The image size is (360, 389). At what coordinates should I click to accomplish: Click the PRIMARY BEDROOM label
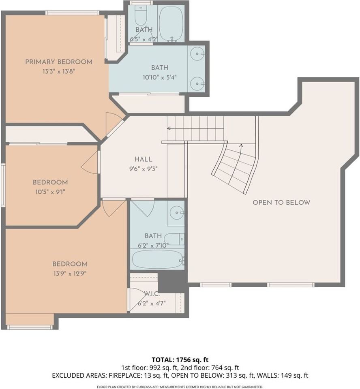[59, 62]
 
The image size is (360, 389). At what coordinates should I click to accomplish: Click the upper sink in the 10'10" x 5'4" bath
[197, 53]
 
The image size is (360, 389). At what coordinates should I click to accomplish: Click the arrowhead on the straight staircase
[169, 128]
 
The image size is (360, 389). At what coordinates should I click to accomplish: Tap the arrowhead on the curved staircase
[241, 145]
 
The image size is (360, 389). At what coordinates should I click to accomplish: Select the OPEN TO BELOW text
[281, 203]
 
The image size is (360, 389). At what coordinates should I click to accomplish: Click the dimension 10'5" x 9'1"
[50, 192]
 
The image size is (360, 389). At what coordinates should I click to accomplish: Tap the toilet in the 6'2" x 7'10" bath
[175, 239]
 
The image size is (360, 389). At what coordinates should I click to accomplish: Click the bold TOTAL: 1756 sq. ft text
[180, 359]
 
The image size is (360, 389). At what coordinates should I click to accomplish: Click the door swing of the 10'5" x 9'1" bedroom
[91, 162]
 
